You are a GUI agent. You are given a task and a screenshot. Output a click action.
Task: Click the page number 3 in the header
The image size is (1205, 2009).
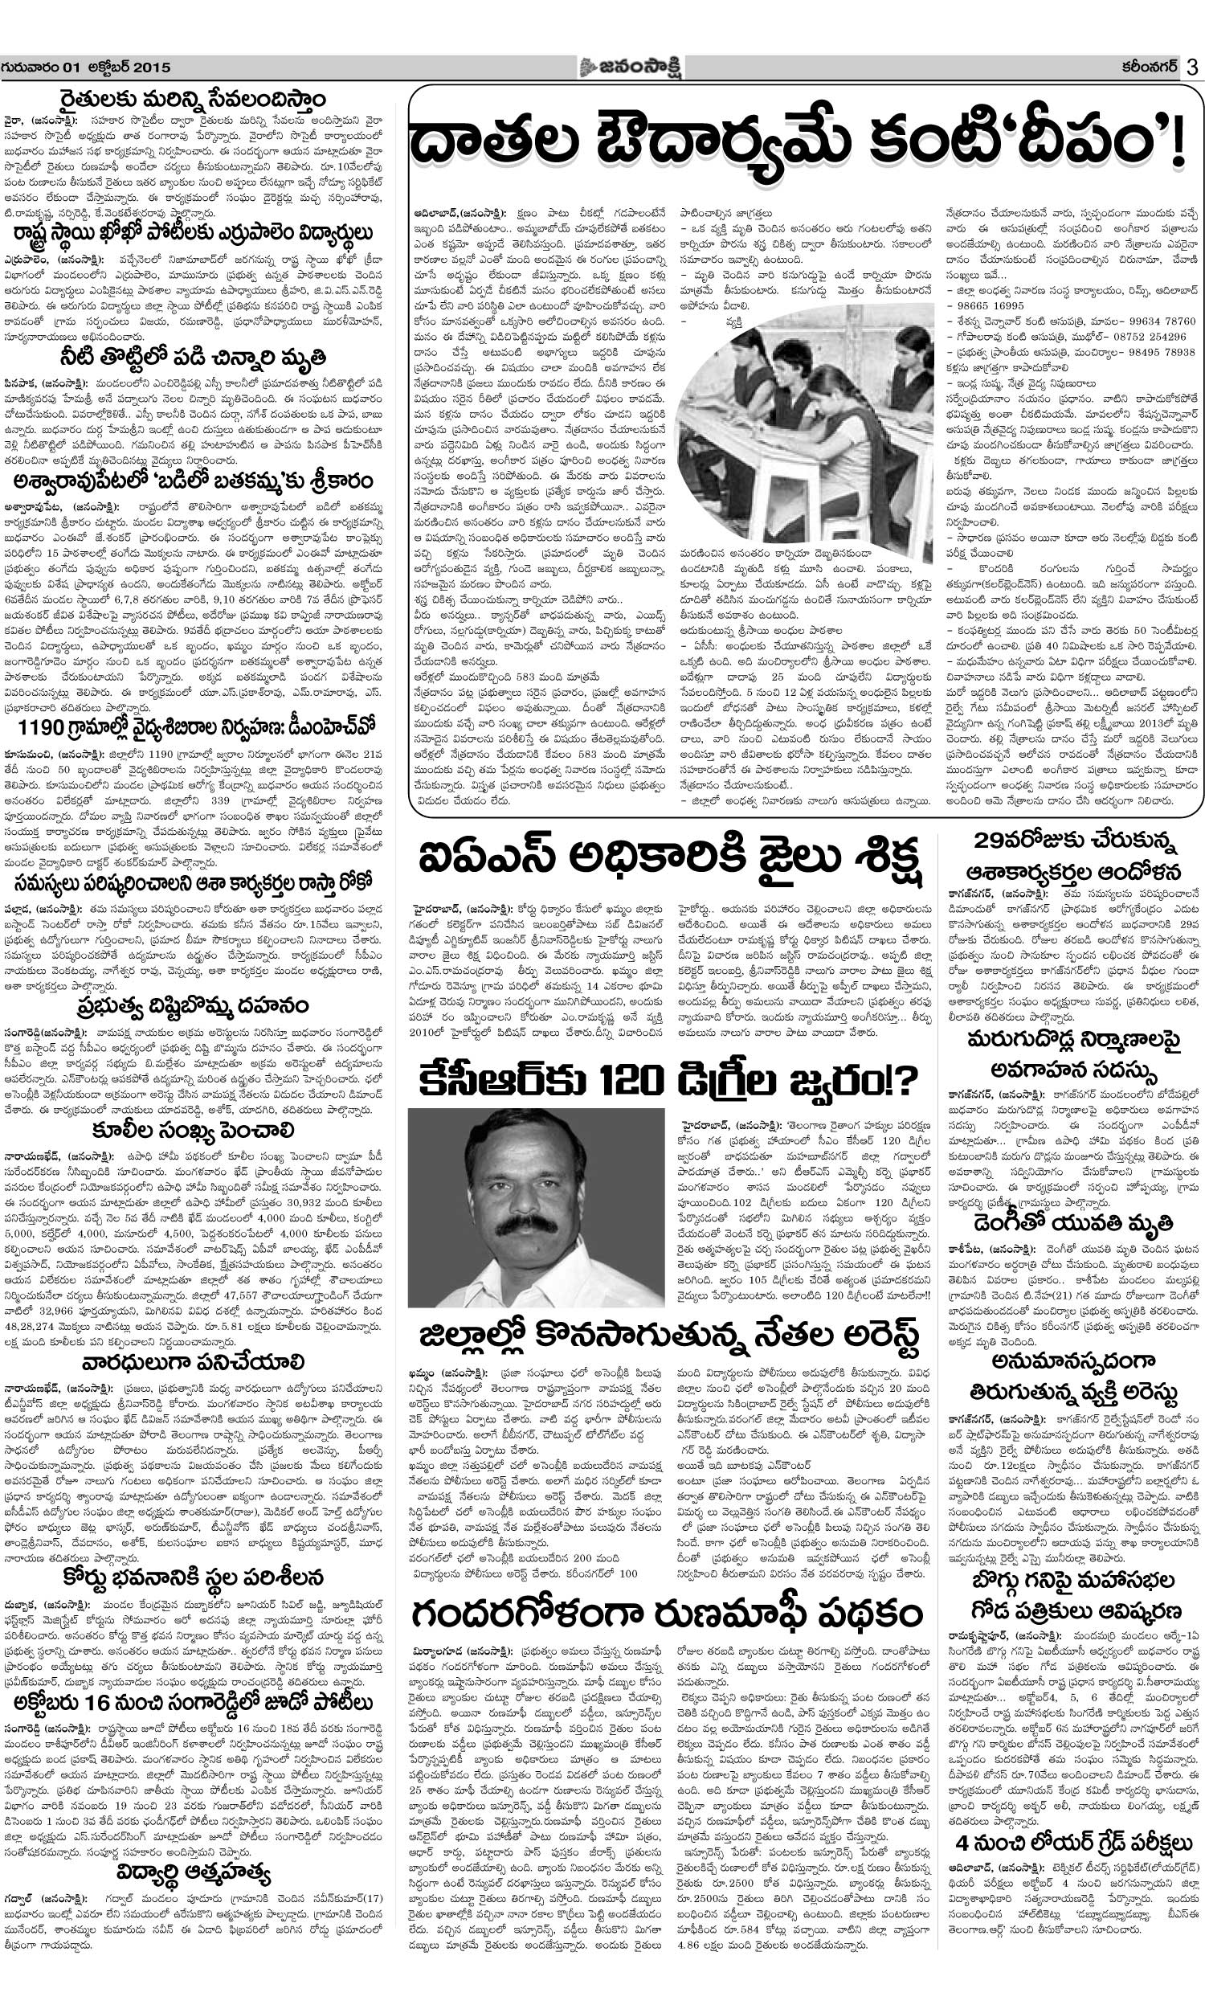[x=1191, y=68]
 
